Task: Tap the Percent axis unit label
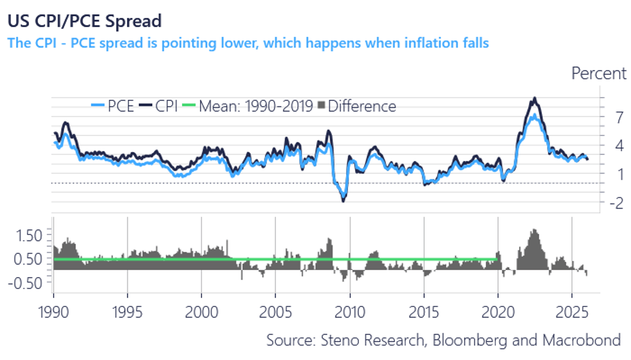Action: pyautogui.click(x=599, y=74)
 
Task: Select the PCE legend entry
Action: pyautogui.click(x=113, y=106)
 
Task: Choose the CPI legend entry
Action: pyautogui.click(x=160, y=106)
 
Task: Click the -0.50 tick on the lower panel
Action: pyautogui.click(x=25, y=283)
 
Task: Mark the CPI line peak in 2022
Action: pyautogui.click(x=534, y=98)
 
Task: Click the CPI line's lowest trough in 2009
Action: pyautogui.click(x=343, y=201)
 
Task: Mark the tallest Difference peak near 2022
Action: pyautogui.click(x=534, y=230)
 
